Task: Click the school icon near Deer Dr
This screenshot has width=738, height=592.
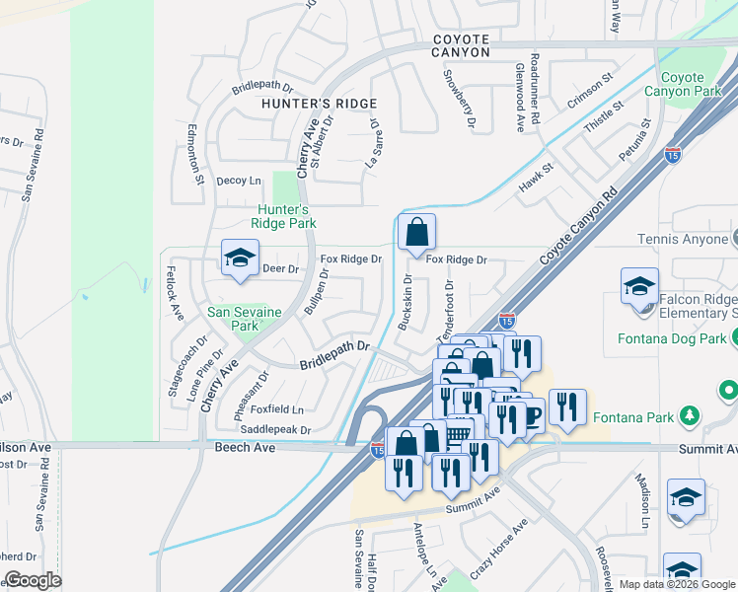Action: click(x=238, y=259)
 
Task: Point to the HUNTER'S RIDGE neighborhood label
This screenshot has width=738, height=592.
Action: click(x=319, y=104)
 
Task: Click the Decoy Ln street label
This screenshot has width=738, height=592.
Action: click(x=239, y=181)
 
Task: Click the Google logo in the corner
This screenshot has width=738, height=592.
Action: click(x=33, y=579)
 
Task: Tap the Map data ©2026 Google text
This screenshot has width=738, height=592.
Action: click(x=676, y=584)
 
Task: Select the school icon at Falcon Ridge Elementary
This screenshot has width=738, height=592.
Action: click(x=639, y=287)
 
